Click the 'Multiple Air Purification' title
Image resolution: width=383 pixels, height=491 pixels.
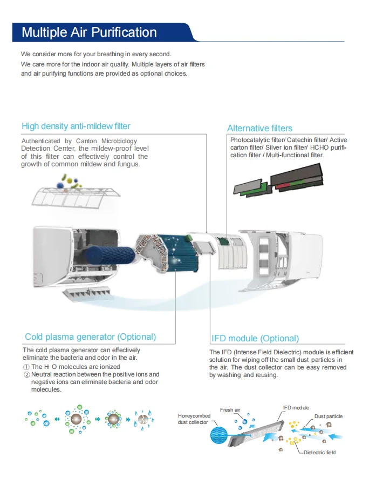point(89,32)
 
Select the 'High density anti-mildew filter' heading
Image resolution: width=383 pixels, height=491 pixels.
point(76,126)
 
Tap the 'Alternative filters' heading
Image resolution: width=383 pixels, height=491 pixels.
point(259,128)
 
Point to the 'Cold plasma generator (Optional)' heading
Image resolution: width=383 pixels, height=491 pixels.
point(90,337)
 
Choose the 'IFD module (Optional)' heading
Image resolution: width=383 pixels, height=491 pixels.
point(255,339)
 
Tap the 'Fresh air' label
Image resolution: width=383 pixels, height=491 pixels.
point(230,410)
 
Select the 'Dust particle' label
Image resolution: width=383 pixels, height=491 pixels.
point(328,416)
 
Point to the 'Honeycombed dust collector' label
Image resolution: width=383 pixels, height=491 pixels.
point(193,419)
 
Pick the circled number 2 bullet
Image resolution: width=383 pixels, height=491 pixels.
point(26,374)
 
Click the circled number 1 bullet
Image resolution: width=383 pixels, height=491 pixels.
point(26,367)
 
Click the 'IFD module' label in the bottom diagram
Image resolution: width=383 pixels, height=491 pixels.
point(296,407)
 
